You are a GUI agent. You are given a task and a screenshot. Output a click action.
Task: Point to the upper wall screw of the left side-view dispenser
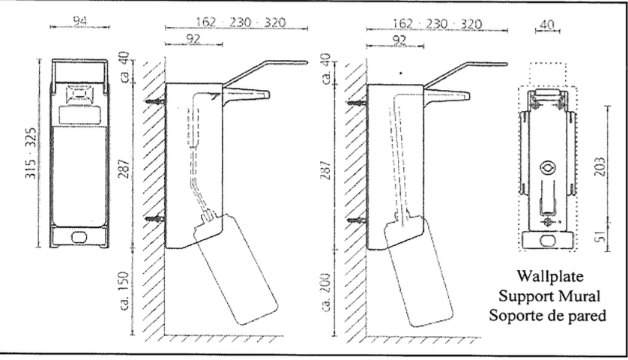[x=156, y=102]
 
